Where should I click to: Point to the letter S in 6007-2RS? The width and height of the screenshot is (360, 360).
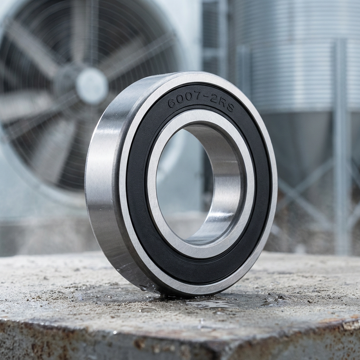230,108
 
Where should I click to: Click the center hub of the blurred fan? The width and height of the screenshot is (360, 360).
92,85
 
